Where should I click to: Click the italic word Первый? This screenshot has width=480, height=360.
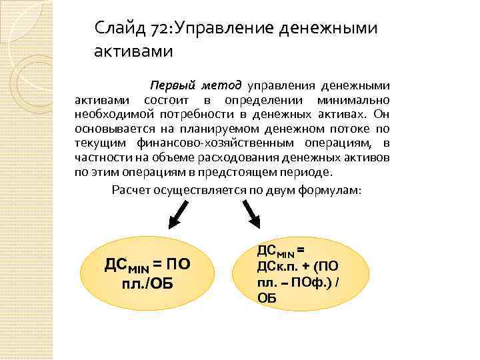(173, 86)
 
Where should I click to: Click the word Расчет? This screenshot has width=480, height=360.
(131, 189)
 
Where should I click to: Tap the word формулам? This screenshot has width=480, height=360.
(332, 189)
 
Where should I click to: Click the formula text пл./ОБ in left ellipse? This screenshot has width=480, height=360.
(147, 283)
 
